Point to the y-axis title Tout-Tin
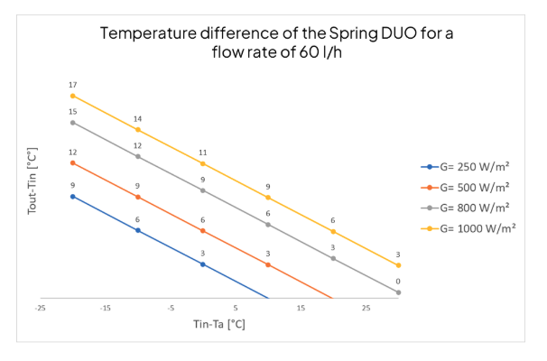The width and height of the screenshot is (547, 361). point(32,162)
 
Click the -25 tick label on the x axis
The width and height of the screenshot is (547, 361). point(41,309)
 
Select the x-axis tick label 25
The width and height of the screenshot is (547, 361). point(366,309)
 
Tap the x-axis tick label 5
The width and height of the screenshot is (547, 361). point(236,309)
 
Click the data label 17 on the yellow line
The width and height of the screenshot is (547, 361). point(73,85)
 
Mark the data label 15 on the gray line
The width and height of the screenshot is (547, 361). point(73,112)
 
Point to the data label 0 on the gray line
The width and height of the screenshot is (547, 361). point(398,282)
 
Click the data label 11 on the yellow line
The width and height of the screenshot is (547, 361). point(203,153)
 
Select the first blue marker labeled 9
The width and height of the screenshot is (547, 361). point(73,196)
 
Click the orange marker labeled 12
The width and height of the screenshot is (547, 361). point(73,162)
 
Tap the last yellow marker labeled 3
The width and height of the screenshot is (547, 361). point(398,265)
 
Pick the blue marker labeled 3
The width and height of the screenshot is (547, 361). point(203,264)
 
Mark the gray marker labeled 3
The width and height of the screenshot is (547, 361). point(333,258)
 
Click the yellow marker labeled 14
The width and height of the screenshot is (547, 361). point(138,129)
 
